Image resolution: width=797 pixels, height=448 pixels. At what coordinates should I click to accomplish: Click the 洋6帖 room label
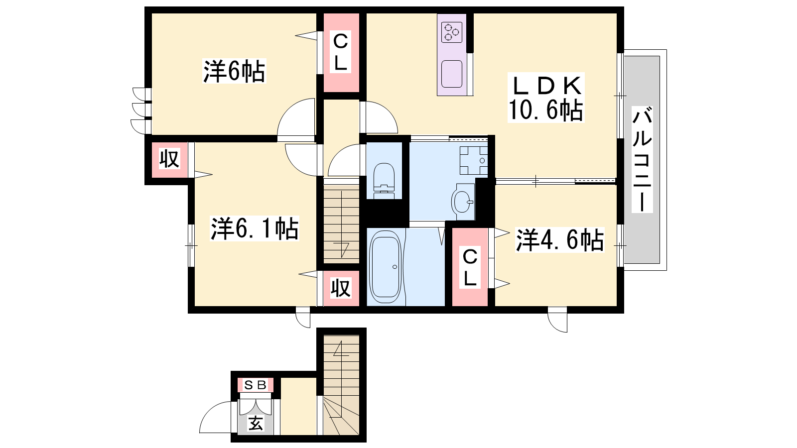point(234,71)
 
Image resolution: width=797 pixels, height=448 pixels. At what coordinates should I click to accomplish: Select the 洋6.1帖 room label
point(255,228)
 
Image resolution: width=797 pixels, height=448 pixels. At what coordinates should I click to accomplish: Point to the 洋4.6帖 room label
point(560,240)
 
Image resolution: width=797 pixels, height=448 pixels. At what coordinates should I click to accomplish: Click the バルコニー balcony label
point(642,159)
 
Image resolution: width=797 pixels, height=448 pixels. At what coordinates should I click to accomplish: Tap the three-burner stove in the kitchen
point(452,32)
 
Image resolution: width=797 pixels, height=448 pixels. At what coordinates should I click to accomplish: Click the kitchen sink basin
point(452,74)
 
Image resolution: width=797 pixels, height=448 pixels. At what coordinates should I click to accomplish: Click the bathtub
point(386,267)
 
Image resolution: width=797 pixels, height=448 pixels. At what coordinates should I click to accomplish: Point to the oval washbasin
point(463,202)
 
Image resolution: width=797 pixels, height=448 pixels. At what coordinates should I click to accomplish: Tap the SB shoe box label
point(256,385)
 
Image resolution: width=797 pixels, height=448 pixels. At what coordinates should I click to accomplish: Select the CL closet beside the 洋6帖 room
point(341,52)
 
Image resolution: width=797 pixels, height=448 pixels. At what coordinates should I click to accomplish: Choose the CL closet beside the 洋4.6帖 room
point(470,267)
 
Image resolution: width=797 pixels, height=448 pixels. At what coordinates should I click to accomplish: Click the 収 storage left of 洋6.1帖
point(169,159)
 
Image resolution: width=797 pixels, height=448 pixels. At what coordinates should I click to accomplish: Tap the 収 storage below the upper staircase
point(341,288)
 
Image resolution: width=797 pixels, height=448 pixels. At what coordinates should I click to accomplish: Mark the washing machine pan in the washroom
point(473,160)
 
